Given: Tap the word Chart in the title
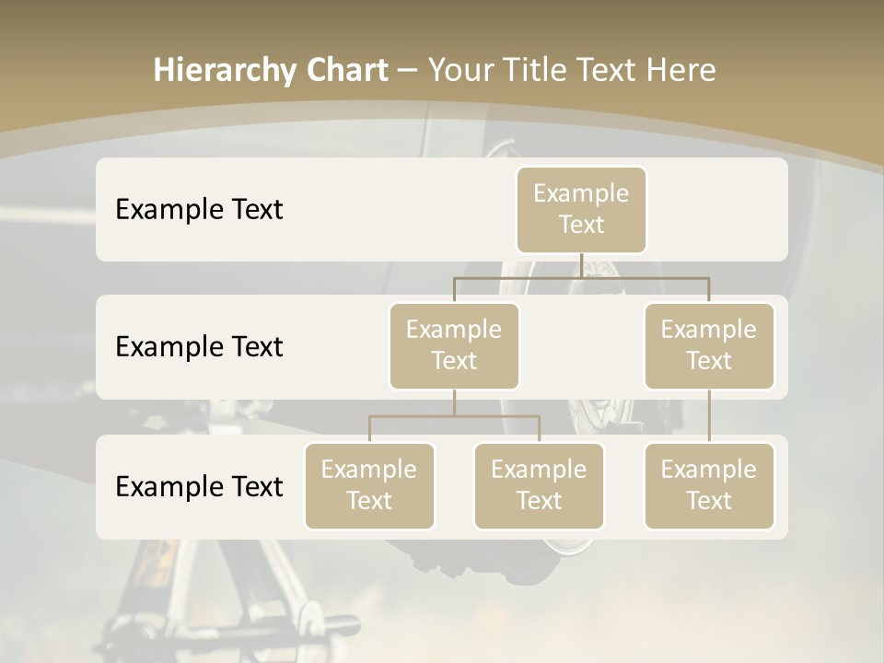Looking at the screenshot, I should (343, 70).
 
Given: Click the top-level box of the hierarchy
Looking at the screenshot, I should (581, 210).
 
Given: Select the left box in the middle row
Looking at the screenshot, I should (454, 346).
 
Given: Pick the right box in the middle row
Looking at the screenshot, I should (709, 346).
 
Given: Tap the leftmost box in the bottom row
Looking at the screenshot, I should (369, 486).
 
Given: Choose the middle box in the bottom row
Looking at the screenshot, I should (539, 486).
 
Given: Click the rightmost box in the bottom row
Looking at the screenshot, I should (709, 486).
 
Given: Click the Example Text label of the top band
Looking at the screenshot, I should (199, 210).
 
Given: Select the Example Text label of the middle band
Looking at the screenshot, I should (199, 347).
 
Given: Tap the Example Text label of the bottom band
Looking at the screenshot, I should (199, 487).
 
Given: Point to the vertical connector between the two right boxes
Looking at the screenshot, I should (709, 416).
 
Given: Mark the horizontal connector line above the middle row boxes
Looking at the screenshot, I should (516, 277).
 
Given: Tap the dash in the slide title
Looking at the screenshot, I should (408, 70).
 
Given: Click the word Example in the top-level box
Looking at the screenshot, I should (581, 193).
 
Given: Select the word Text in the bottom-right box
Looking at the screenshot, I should (709, 501).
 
